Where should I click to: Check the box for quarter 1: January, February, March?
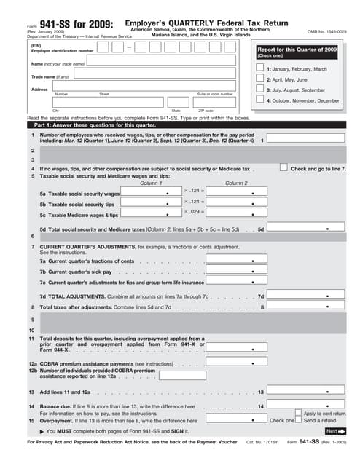260,68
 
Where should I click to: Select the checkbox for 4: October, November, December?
260,100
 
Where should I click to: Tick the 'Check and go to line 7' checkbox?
283,167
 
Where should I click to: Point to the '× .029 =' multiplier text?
194,211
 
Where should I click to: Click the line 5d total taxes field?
306,229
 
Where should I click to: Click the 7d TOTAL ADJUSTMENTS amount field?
306,296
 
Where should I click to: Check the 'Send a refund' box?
299,421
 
